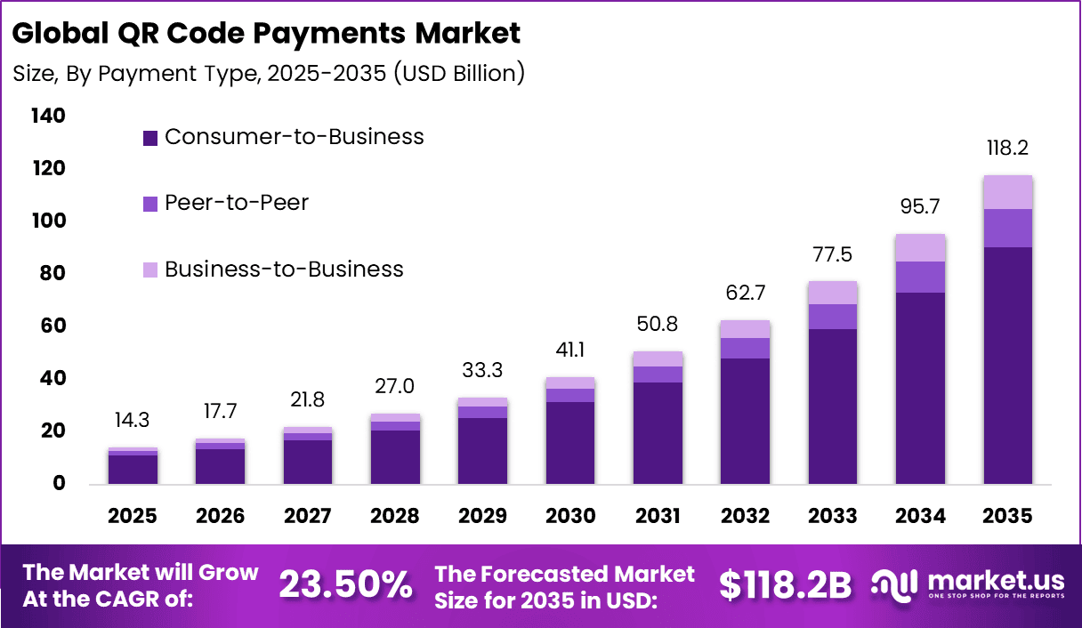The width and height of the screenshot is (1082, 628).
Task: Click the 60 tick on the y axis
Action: tap(52, 326)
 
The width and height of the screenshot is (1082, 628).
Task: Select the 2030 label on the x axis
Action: tap(570, 517)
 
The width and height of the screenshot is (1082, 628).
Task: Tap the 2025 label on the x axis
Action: tap(133, 517)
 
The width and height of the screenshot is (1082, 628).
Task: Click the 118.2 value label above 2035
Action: tap(1007, 149)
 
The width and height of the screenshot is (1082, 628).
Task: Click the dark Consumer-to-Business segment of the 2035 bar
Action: tap(1007, 365)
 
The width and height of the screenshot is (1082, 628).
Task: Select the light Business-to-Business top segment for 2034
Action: tap(920, 248)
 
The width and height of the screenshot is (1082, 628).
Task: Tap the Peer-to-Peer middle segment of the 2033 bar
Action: tap(833, 317)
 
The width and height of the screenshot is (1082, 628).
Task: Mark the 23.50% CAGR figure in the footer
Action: tap(345, 585)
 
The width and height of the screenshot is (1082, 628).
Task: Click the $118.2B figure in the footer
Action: tap(785, 585)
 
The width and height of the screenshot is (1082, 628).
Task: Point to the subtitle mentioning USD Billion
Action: tap(269, 73)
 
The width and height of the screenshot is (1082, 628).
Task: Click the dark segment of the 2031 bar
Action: tap(658, 433)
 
